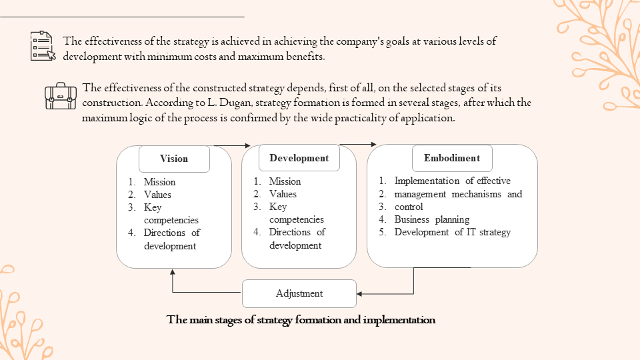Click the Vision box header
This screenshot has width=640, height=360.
(174, 159)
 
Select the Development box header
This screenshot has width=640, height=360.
(299, 158)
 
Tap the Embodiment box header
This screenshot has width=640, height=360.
(451, 158)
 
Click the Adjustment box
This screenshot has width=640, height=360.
(299, 293)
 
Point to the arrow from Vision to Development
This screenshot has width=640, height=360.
(231, 145)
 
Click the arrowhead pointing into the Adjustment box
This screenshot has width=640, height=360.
(360, 293)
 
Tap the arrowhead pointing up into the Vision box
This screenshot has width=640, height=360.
(173, 272)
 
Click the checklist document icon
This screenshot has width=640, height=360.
(43, 46)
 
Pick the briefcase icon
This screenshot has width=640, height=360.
(61, 96)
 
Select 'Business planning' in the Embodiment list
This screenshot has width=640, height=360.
(431, 219)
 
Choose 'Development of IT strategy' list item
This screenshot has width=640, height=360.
(452, 232)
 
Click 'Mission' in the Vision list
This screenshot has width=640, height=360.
(159, 182)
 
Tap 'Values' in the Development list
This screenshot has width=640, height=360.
(283, 194)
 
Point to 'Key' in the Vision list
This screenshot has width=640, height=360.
(153, 207)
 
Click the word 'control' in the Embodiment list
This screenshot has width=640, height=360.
(409, 207)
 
